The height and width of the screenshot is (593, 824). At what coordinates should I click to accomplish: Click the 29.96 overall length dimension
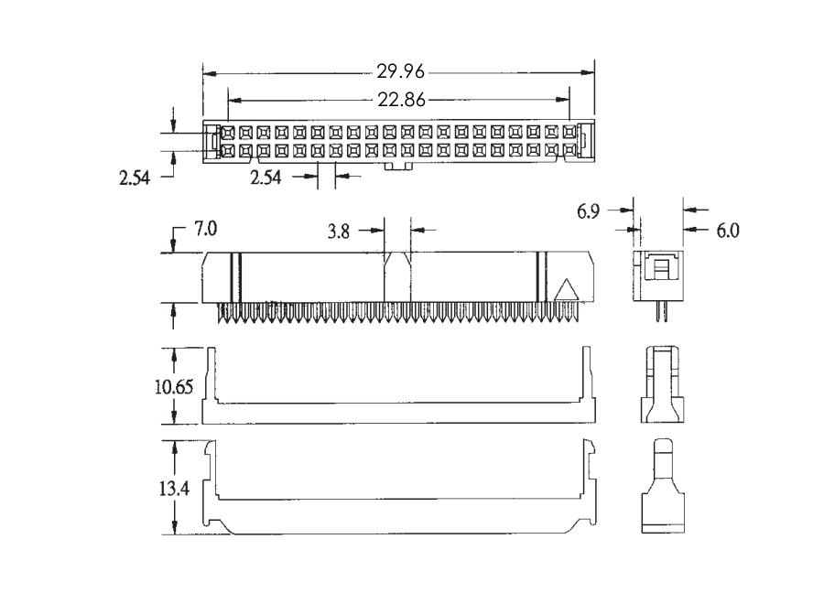400,71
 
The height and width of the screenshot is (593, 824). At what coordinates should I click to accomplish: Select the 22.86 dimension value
402,99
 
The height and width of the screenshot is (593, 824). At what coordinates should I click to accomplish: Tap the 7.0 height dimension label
205,229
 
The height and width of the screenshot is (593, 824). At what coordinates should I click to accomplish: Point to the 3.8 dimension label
339,232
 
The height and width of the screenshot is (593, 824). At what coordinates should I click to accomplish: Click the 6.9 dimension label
588,211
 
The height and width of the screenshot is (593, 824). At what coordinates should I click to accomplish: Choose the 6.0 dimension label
728,230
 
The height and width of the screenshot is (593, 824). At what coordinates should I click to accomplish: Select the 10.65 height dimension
174,387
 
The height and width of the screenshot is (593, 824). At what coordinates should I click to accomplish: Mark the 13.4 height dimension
174,489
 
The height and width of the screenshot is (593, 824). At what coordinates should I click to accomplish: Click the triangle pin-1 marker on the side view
567,290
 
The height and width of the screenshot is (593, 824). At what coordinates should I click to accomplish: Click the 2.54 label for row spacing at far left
135,178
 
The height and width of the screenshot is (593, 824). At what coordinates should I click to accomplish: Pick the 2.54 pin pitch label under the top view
266,178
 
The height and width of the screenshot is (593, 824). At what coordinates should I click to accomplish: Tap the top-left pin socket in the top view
228,133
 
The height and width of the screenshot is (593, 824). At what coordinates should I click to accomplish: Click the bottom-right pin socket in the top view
569,151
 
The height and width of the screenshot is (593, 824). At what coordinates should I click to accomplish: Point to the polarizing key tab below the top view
398,167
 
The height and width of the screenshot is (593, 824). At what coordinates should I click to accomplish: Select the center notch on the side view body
397,276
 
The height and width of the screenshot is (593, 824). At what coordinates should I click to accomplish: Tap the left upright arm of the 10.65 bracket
211,374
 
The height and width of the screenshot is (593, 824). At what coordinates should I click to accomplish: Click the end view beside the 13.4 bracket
663,486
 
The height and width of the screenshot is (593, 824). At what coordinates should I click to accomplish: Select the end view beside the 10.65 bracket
662,384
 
